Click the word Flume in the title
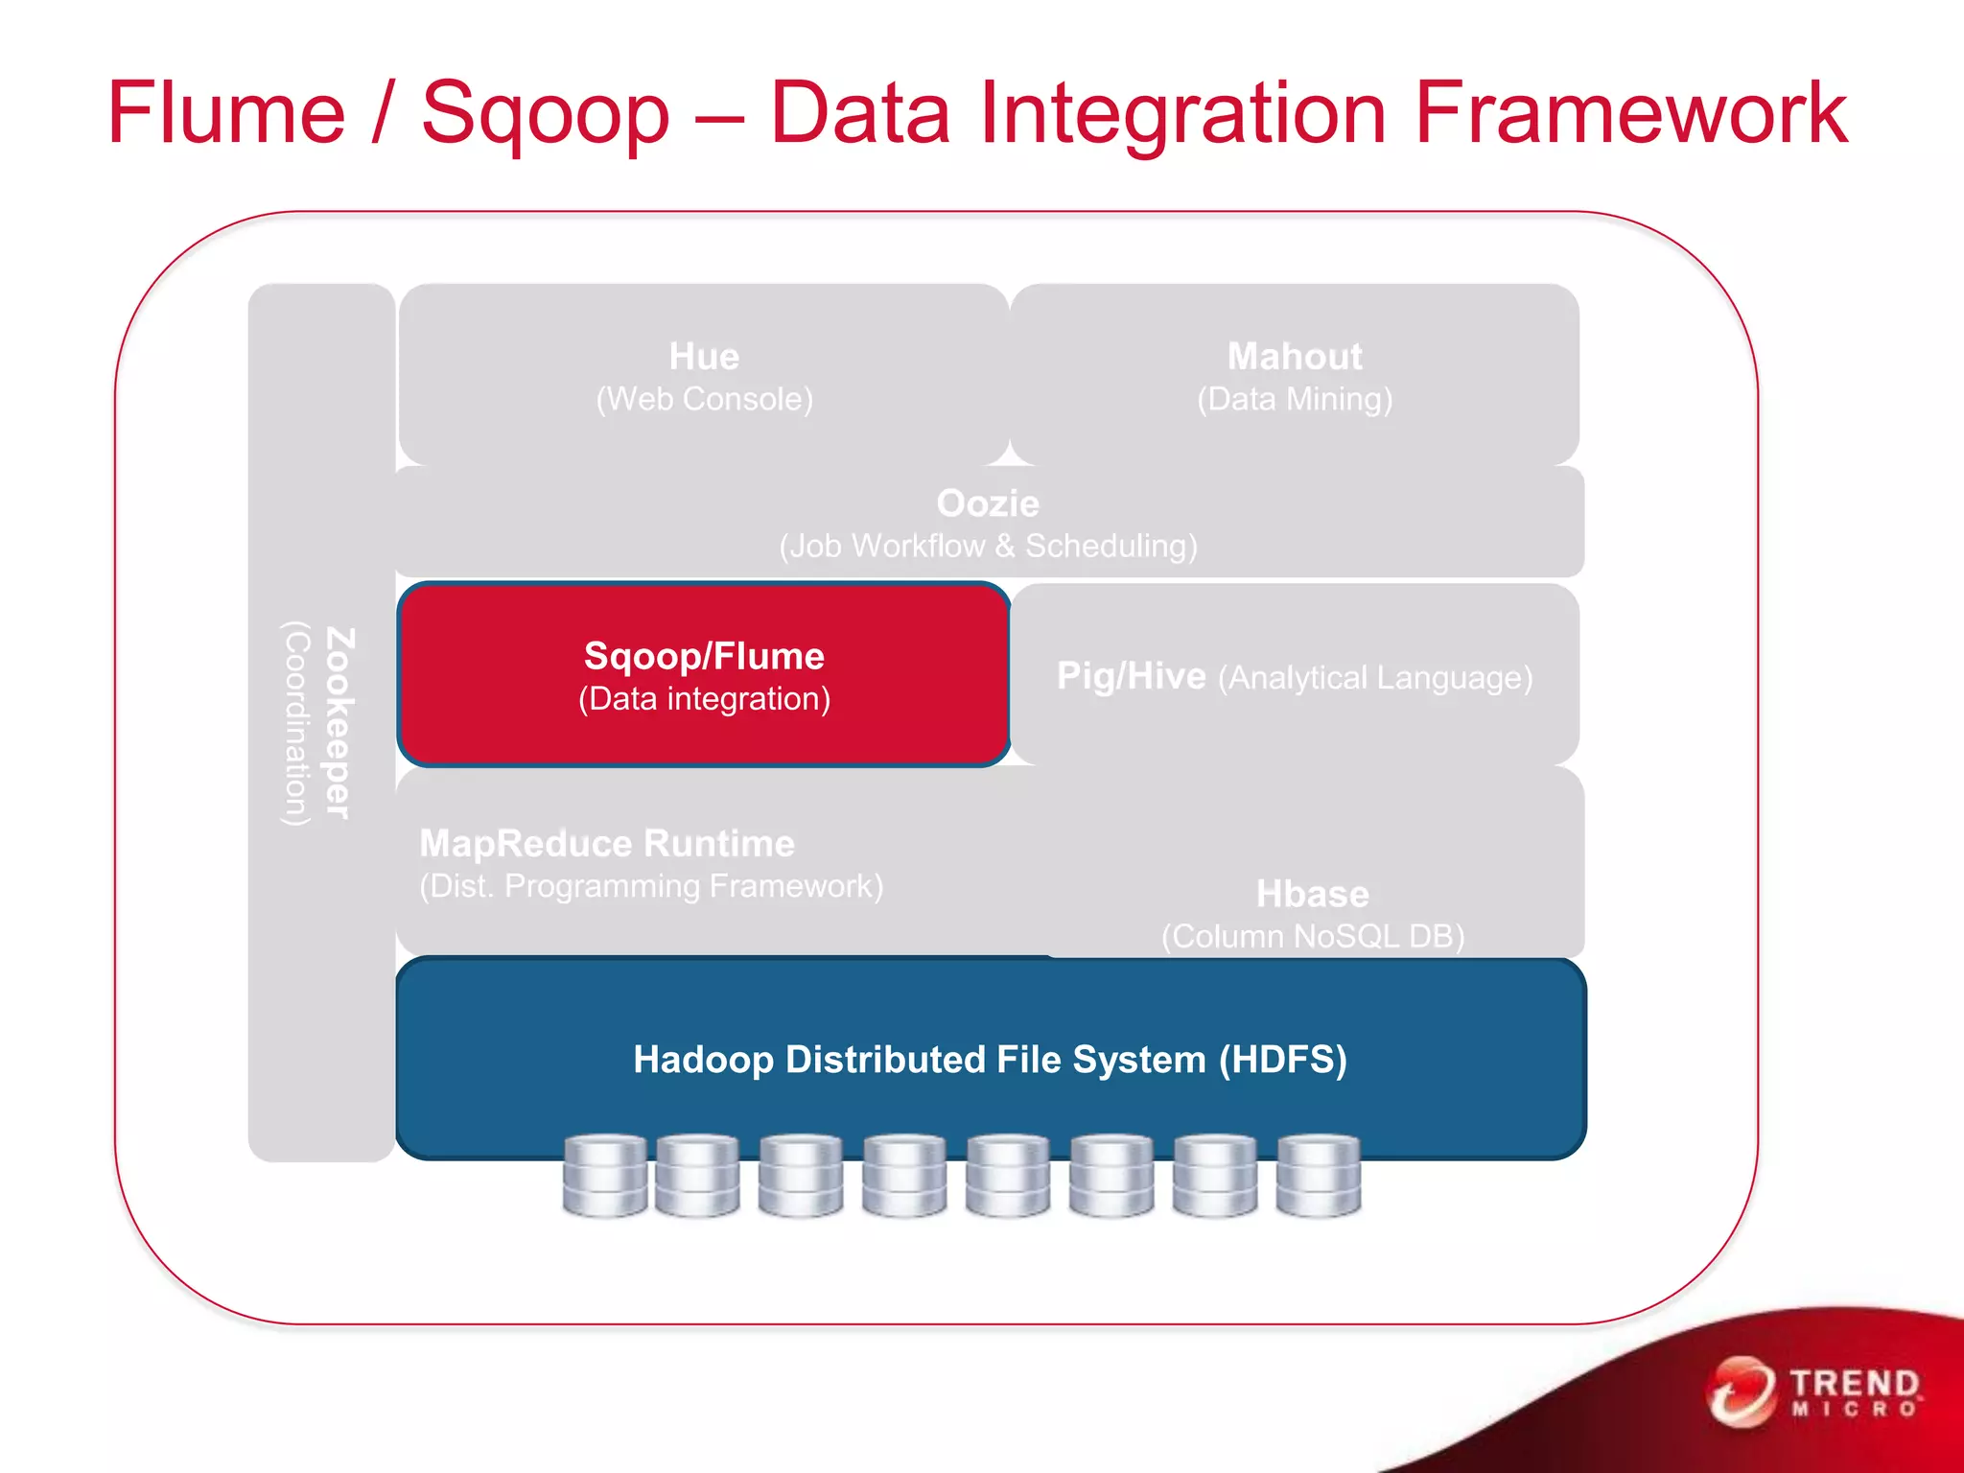tap(226, 113)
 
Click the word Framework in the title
tap(1630, 113)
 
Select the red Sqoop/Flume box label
tap(704, 656)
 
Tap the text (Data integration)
tap(704, 699)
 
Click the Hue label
tap(704, 357)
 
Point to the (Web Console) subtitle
tap(704, 399)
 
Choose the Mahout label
tap(1295, 357)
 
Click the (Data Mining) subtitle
tap(1295, 399)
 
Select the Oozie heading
tap(988, 503)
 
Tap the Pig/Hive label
tap(1131, 676)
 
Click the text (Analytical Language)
tap(1375, 678)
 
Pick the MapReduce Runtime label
tap(607, 844)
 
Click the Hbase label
tap(1313, 894)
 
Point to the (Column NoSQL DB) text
tap(1313, 936)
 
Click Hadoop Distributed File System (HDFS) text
tap(990, 1060)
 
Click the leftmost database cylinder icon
tap(604, 1176)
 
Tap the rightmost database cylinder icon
tap(1319, 1176)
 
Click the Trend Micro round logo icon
tap(1741, 1392)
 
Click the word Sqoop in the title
tap(545, 113)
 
